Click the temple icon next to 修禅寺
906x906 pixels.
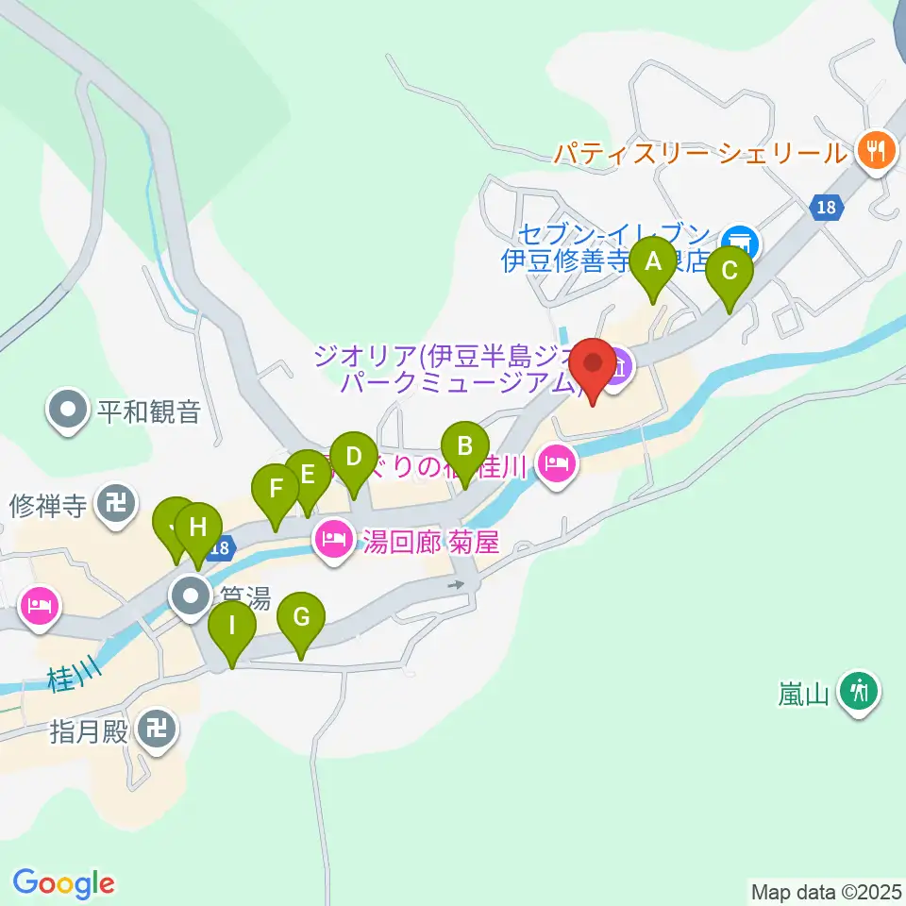pos(116,505)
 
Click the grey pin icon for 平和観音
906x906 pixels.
pos(69,411)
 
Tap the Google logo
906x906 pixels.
pos(63,883)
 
